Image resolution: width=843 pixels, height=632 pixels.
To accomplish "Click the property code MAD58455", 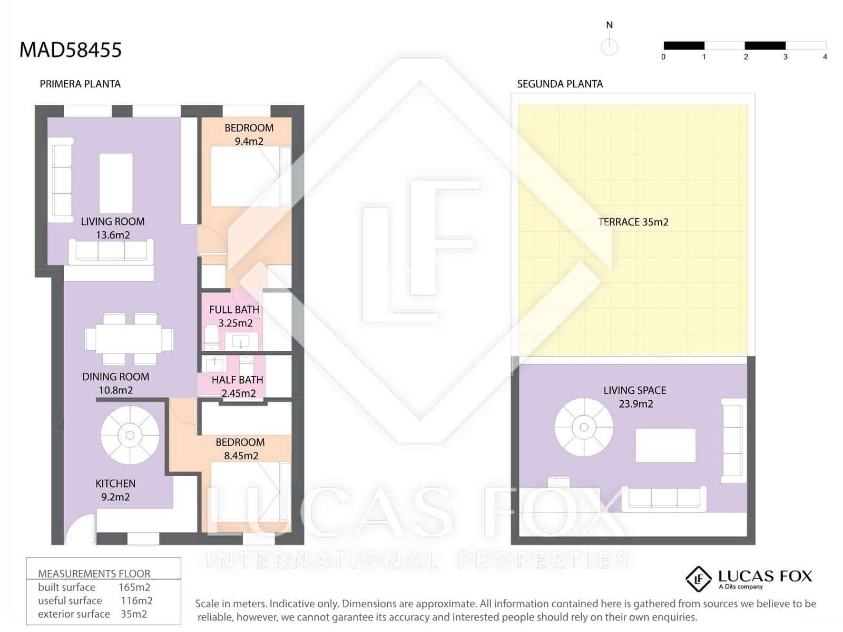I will click(x=70, y=50).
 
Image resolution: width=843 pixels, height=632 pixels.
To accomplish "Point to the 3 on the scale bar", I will click(x=785, y=57).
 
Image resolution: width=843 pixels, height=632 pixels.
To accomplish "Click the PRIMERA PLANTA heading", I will click(x=80, y=84).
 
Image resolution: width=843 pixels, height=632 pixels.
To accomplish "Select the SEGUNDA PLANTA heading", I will click(x=560, y=84).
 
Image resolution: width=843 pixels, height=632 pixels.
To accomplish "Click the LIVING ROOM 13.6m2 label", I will click(x=112, y=228).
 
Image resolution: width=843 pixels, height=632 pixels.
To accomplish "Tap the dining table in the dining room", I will click(x=129, y=339).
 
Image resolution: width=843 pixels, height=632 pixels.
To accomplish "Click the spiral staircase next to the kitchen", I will click(x=130, y=435).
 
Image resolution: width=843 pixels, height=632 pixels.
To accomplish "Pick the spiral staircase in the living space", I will click(x=584, y=427).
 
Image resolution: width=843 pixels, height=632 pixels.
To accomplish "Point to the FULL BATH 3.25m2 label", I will click(x=234, y=316).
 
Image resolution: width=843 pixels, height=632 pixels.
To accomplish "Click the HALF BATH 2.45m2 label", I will click(x=238, y=386).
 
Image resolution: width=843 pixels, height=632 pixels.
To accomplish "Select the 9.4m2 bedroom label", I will click(x=249, y=134).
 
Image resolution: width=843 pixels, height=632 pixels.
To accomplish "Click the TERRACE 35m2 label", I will click(x=633, y=222).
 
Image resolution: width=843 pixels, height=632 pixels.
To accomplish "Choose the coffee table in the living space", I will click(x=665, y=446).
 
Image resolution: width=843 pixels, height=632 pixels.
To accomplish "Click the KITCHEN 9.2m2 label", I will click(x=115, y=490).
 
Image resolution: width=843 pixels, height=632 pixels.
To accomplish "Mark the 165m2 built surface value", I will click(x=134, y=587).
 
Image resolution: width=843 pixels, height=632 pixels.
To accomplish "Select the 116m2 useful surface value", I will click(x=136, y=600).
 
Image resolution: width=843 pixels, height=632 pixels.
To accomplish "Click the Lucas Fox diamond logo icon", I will click(x=699, y=579).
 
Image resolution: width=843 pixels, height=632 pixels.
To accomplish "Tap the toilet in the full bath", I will click(x=211, y=337).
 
